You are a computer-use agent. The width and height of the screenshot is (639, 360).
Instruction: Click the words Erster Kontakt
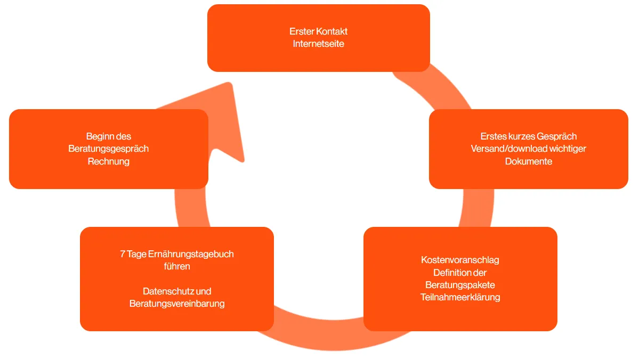(318, 31)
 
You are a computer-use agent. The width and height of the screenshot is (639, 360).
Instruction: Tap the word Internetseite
(318, 44)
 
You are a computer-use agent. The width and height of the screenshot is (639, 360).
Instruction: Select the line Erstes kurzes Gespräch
(528, 136)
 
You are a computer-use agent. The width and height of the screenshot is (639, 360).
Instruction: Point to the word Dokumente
(528, 161)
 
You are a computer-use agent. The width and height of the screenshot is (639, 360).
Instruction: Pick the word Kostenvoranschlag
(460, 260)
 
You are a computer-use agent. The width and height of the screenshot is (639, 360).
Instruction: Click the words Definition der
(460, 273)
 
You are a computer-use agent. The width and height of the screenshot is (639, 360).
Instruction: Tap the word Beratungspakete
(460, 285)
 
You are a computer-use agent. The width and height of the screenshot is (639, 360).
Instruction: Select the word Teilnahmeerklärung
(460, 297)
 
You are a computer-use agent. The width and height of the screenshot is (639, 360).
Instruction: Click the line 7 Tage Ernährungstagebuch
(176, 254)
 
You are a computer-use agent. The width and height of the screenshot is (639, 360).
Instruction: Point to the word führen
(176, 266)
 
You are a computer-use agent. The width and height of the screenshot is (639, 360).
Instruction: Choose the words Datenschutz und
(176, 291)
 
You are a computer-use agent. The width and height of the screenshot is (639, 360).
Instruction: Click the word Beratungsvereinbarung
(176, 304)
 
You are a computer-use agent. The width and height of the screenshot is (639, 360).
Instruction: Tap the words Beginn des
(108, 136)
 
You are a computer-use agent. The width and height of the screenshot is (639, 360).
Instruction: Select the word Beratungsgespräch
(108, 149)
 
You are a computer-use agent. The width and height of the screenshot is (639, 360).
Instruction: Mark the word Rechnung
(108, 161)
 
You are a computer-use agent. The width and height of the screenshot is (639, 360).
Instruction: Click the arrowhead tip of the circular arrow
(230, 85)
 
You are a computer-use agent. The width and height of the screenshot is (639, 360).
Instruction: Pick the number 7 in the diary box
(123, 254)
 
